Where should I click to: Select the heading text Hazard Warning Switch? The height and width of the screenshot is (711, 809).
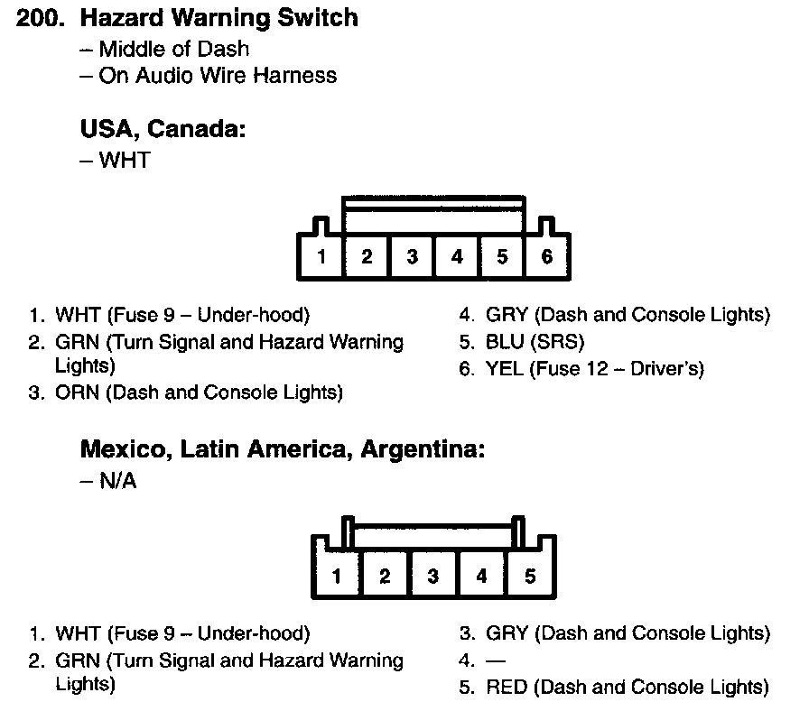tap(219, 18)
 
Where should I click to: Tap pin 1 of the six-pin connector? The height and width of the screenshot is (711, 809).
tap(321, 257)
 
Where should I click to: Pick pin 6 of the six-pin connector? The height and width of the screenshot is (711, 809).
tap(547, 257)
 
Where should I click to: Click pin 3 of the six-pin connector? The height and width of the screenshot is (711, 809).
tap(412, 257)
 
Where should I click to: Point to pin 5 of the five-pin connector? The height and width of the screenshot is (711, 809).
tap(530, 576)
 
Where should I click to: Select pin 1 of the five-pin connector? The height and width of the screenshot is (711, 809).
tap(337, 576)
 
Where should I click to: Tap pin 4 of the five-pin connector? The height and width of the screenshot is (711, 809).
tap(481, 576)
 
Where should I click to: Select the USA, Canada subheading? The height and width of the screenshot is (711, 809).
tap(163, 130)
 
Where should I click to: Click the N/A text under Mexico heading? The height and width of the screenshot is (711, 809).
tap(117, 481)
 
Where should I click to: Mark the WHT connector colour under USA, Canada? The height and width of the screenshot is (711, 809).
tap(125, 161)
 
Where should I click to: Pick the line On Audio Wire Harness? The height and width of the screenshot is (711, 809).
tap(217, 76)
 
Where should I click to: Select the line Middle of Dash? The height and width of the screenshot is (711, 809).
tap(173, 49)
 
